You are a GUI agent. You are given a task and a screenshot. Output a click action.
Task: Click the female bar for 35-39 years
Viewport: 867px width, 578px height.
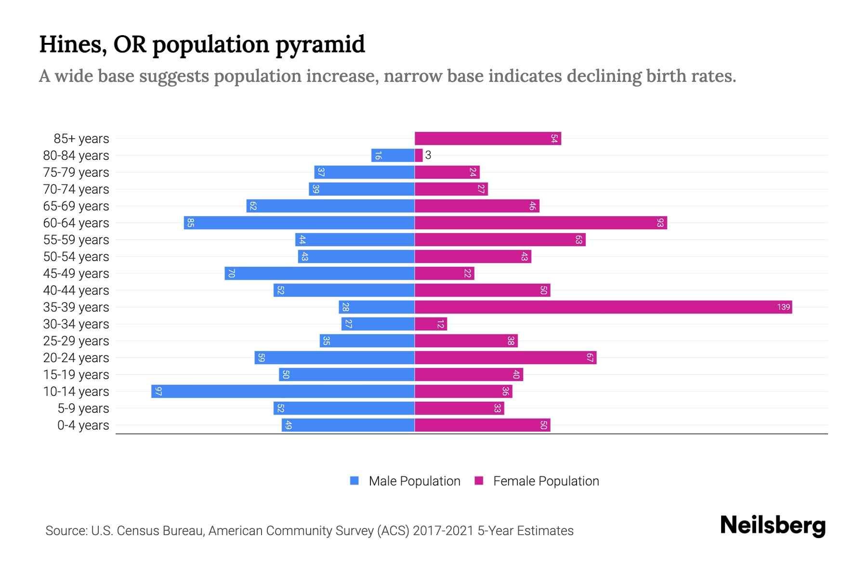point(602,307)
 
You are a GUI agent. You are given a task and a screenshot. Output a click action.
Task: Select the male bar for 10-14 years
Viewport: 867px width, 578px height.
point(283,392)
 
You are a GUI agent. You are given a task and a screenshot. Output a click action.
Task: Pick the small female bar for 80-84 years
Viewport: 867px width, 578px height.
point(419,156)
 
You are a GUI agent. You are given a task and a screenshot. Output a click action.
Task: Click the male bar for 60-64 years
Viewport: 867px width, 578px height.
point(299,223)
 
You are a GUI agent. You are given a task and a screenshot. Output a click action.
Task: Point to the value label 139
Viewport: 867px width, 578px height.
point(783,307)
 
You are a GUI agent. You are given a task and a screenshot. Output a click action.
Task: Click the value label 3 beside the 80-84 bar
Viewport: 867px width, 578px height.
point(428,156)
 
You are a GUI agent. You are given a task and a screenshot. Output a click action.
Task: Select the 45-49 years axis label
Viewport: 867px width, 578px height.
point(76,274)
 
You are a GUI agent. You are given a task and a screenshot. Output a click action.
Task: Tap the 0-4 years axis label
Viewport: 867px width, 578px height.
point(83,425)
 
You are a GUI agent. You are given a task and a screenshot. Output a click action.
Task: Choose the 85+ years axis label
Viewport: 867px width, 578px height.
point(81,139)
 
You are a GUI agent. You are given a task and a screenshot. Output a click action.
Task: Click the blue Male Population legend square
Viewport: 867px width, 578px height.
point(355,481)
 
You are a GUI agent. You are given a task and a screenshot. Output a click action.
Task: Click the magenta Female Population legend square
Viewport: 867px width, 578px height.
point(479,481)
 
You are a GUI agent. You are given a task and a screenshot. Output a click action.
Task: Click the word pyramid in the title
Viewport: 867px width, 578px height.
point(320,45)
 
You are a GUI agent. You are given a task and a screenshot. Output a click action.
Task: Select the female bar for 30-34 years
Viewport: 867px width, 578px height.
point(431,324)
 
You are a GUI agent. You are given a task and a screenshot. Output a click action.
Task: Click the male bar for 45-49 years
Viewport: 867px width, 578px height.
point(319,274)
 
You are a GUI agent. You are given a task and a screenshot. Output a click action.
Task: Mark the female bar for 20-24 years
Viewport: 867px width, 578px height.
point(505,358)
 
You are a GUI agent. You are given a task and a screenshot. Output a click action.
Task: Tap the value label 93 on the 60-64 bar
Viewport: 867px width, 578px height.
point(660,223)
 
